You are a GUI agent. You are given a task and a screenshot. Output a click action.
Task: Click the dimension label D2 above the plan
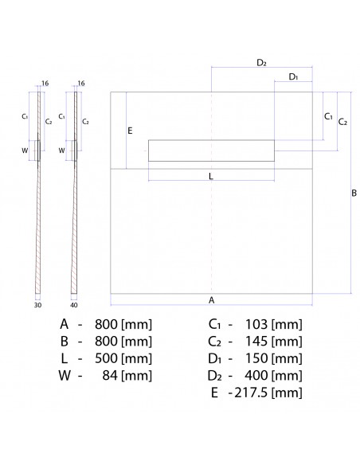(x=261, y=62)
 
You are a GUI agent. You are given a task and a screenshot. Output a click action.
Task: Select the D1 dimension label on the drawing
(x=293, y=77)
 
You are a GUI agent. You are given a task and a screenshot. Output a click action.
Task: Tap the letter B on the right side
(x=354, y=193)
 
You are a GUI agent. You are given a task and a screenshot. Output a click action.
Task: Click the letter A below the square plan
(x=211, y=300)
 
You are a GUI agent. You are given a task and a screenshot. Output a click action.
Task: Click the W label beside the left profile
(x=25, y=150)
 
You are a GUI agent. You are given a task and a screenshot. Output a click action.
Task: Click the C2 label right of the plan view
(x=342, y=122)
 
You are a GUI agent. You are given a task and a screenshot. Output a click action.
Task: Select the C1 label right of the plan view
(x=327, y=116)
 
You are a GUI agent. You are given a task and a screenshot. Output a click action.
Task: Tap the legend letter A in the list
(x=64, y=324)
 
